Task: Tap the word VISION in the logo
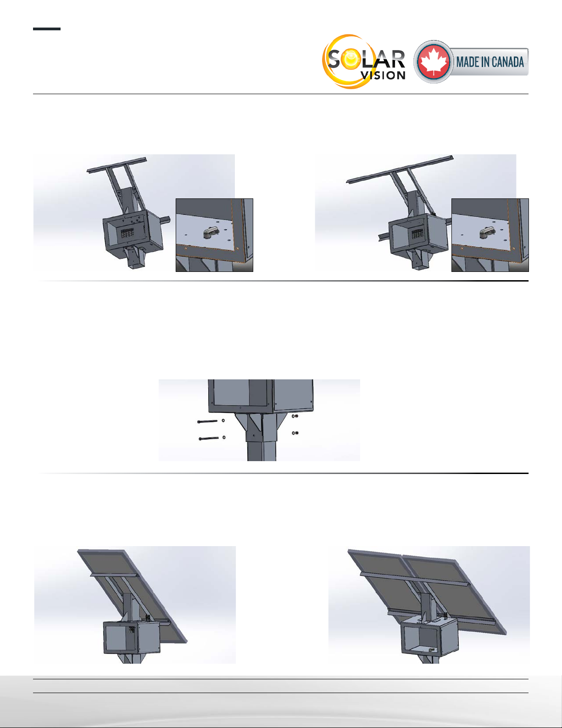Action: (384, 75)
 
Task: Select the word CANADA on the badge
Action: (508, 62)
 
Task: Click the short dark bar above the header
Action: (46, 29)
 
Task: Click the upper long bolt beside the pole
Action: (207, 422)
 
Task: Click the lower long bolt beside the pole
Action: (209, 438)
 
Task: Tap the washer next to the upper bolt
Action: (223, 420)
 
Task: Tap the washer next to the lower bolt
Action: (224, 437)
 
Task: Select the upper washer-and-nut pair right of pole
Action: (295, 416)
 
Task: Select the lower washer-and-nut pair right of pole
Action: (295, 433)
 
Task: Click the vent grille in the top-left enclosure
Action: (127, 233)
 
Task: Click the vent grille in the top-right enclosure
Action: (417, 234)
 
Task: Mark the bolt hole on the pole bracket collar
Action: (254, 436)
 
